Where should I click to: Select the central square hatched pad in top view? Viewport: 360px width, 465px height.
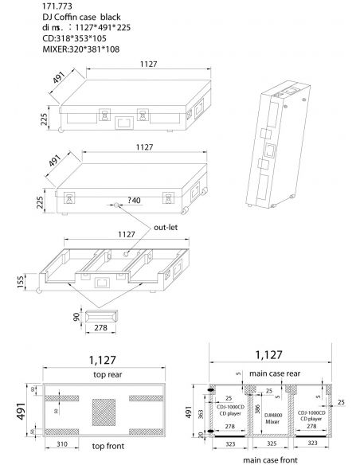point(106,411)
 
